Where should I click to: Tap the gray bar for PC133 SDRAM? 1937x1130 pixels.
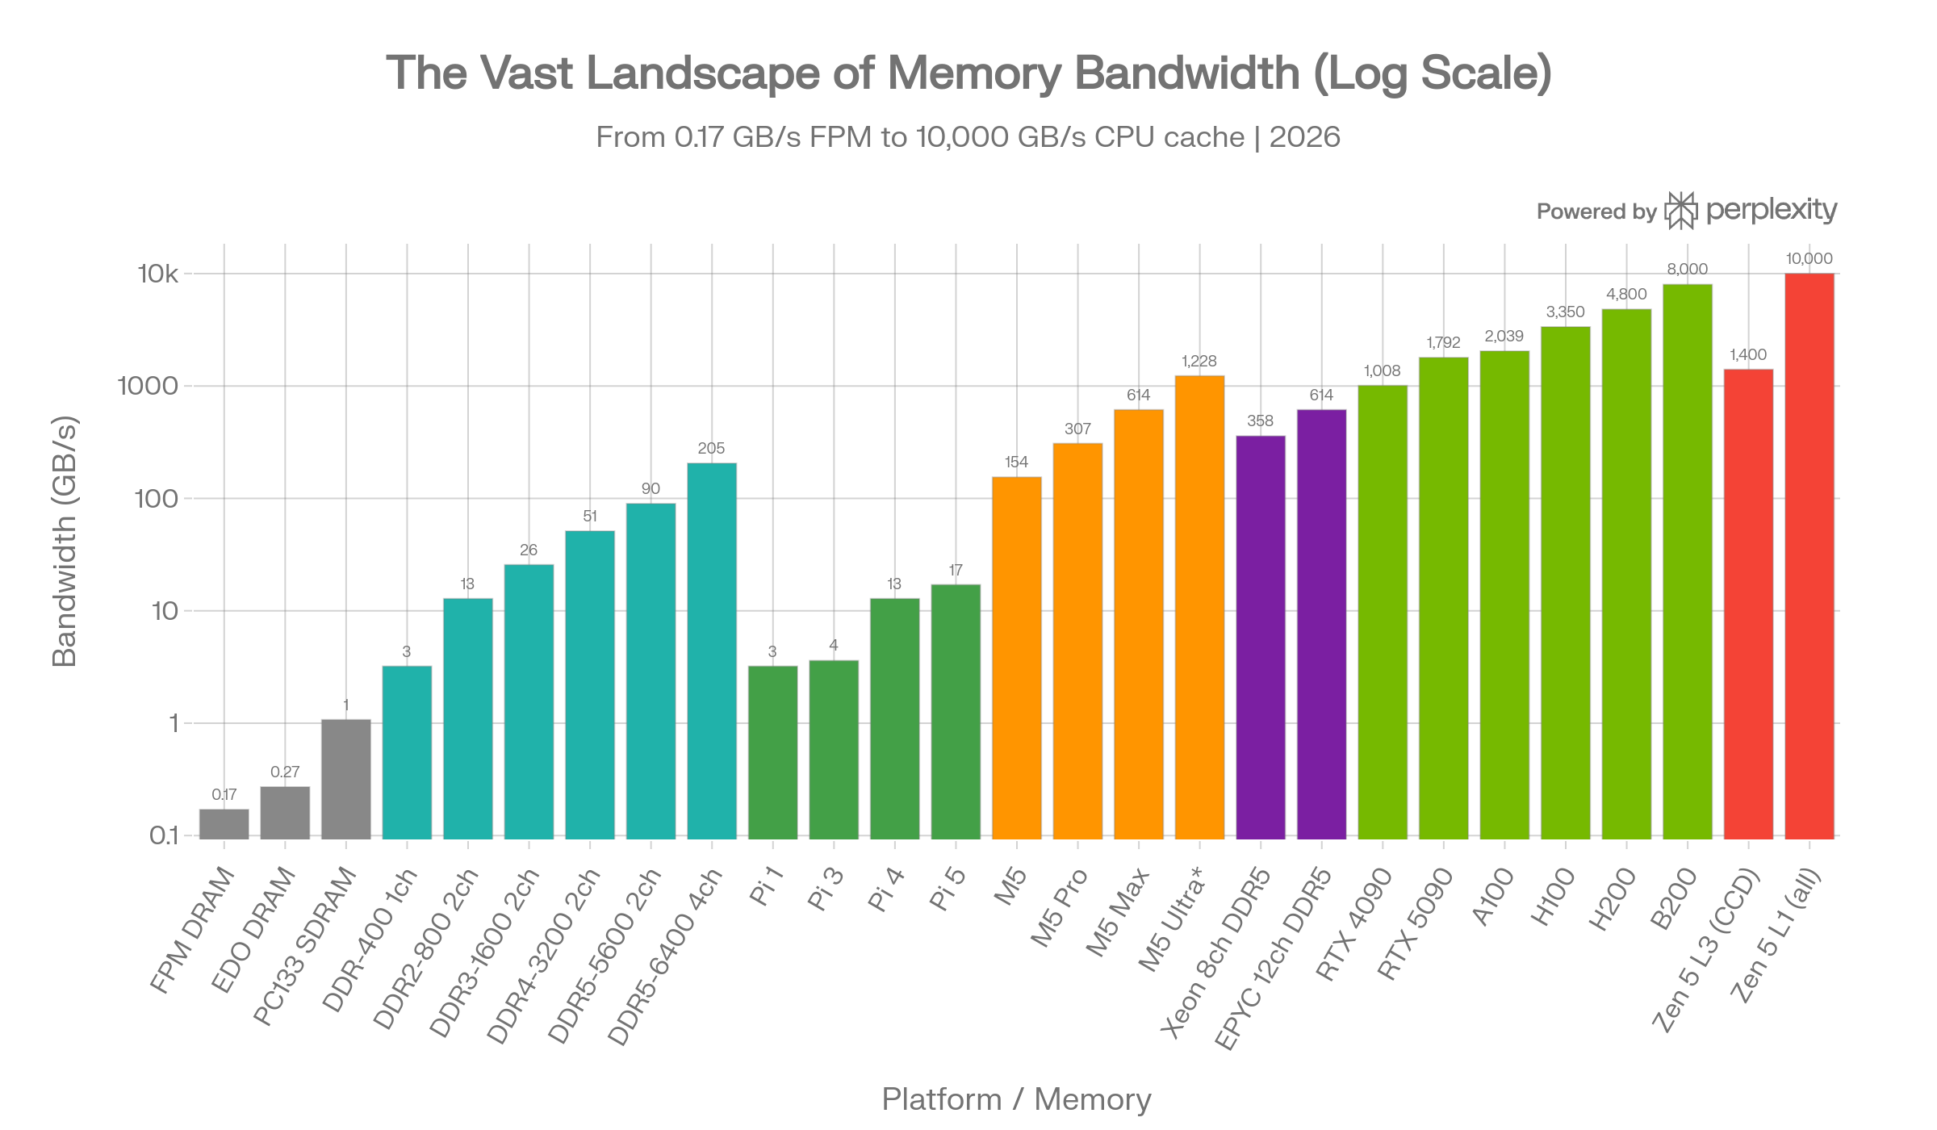coord(346,778)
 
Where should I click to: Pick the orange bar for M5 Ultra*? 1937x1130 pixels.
coord(1199,606)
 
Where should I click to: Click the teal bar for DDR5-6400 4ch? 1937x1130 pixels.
coord(712,650)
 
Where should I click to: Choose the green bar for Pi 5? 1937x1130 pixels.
coord(956,710)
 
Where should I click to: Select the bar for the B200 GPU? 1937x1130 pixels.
coord(1687,560)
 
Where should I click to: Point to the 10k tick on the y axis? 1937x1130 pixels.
coord(157,274)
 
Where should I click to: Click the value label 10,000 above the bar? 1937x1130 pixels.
coord(1809,259)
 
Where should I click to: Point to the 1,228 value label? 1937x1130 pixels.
coord(1199,361)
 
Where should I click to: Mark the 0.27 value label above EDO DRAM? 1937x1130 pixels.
coord(285,772)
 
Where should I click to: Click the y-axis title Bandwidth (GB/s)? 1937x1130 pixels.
coord(65,542)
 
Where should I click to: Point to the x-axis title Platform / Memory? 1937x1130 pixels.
coord(1016,1099)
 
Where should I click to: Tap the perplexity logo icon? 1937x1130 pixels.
coord(1681,211)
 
